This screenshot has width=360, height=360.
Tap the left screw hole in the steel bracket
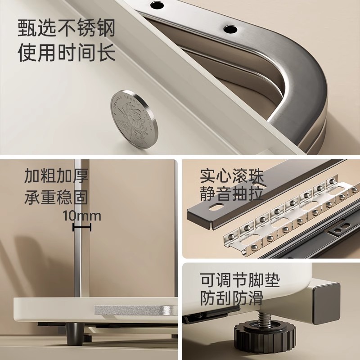click(x=157, y=5)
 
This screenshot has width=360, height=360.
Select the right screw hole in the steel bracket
click(x=230, y=29)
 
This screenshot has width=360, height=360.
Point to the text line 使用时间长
click(x=67, y=53)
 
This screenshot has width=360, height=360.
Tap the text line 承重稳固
click(x=56, y=197)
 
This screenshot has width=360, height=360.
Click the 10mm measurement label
click(x=82, y=216)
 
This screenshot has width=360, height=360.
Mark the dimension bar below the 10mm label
click(x=82, y=228)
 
